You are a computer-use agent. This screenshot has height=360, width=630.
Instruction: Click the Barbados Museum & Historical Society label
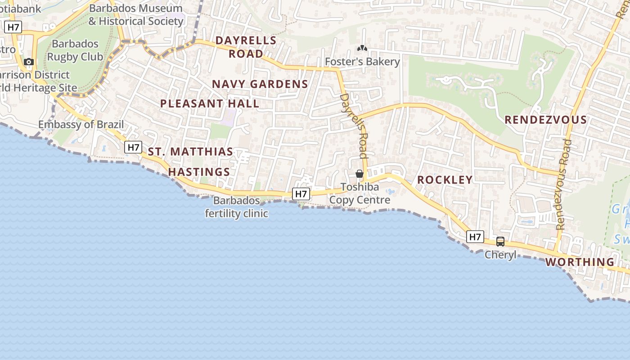pyautogui.click(x=135, y=15)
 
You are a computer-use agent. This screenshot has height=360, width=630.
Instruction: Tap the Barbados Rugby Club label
pyautogui.click(x=75, y=50)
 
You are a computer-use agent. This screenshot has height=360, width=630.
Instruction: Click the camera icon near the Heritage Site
pyautogui.click(x=29, y=62)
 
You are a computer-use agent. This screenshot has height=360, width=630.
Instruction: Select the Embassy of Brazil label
pyautogui.click(x=81, y=125)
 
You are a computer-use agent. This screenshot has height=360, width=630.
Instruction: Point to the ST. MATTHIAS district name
pyautogui.click(x=191, y=152)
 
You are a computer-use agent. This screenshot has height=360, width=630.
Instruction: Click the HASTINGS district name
pyautogui.click(x=199, y=172)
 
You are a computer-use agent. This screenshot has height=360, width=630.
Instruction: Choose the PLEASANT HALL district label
pyautogui.click(x=210, y=103)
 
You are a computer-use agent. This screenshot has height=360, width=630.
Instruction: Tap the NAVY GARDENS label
pyautogui.click(x=260, y=84)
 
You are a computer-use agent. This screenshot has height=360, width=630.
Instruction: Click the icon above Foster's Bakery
pyautogui.click(x=362, y=48)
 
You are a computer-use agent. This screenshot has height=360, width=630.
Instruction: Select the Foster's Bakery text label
pyautogui.click(x=362, y=62)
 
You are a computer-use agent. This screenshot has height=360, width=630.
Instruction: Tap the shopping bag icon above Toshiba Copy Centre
pyautogui.click(x=360, y=174)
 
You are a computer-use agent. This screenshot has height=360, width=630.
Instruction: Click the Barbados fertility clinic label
pyautogui.click(x=237, y=207)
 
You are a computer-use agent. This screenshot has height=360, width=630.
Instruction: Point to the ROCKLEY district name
pyautogui.click(x=445, y=180)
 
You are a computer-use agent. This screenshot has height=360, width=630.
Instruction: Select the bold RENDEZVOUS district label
pyautogui.click(x=546, y=120)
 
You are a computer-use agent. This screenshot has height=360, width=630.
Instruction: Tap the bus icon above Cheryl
pyautogui.click(x=500, y=242)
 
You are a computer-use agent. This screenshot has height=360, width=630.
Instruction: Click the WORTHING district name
pyautogui.click(x=580, y=262)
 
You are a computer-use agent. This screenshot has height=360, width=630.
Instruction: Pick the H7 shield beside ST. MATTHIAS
pyautogui.click(x=134, y=147)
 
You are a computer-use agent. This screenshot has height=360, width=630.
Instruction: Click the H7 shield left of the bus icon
pyautogui.click(x=475, y=237)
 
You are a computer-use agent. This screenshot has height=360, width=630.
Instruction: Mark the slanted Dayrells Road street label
pyautogui.click(x=354, y=126)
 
